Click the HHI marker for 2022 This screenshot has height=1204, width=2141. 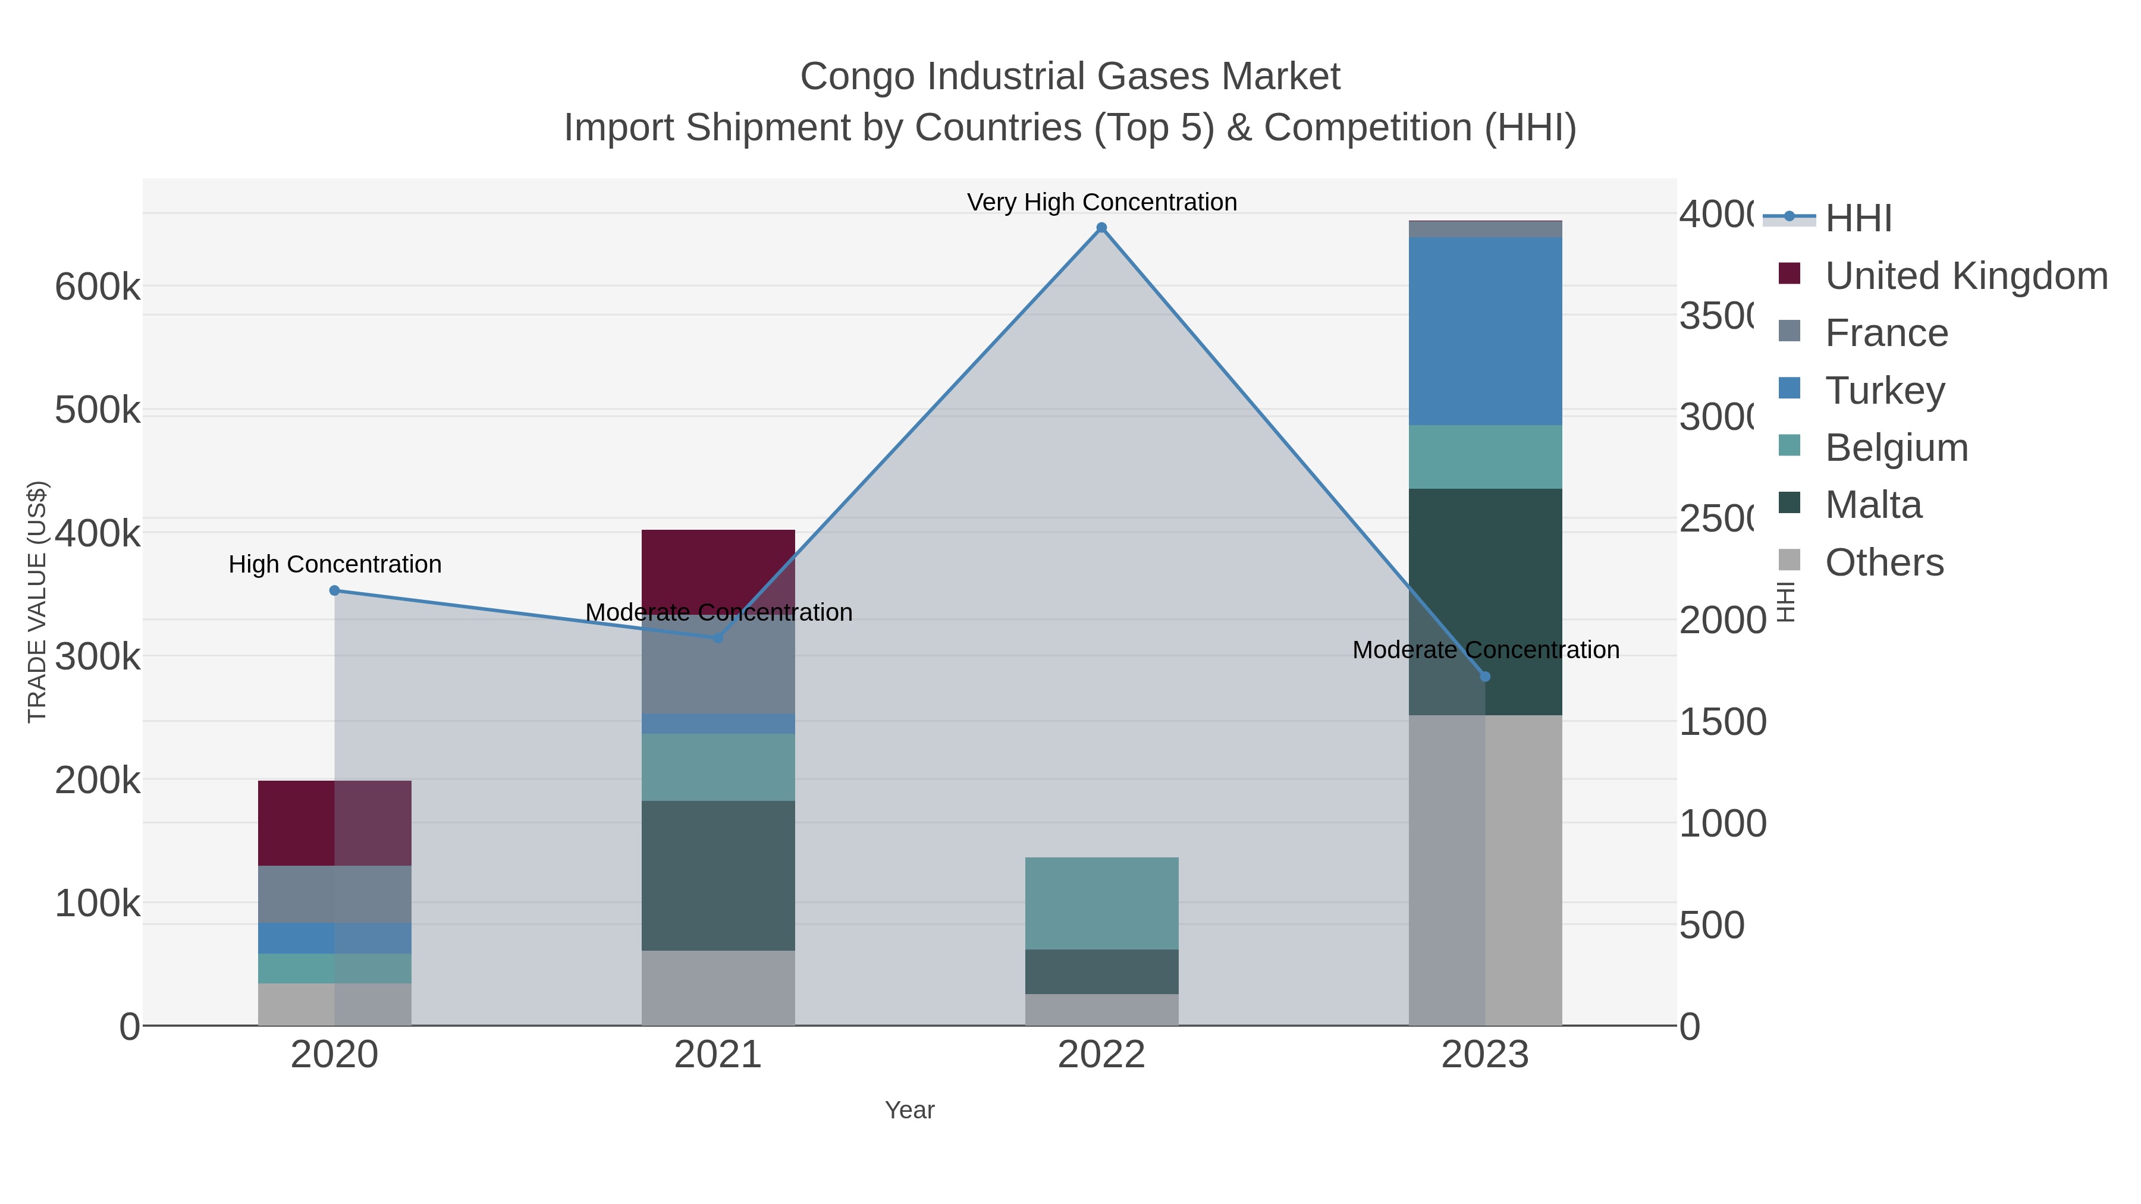tap(1101, 228)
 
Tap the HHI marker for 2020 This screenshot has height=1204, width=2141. tap(334, 591)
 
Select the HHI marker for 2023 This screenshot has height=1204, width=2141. tap(1485, 677)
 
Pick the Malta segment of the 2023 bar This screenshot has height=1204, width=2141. tap(1485, 602)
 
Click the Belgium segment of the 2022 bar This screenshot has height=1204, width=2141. tap(1101, 903)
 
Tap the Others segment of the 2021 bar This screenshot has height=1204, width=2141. tap(718, 988)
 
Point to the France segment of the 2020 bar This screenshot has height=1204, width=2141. tap(334, 894)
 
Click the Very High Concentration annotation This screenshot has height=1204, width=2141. tap(1101, 202)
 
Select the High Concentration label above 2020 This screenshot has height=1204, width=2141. tap(334, 564)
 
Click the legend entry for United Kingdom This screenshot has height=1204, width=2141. tap(1966, 276)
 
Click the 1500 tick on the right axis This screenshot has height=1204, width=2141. tap(1722, 721)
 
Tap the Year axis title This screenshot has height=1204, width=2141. tap(909, 1110)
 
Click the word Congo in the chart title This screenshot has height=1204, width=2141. tap(858, 77)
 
